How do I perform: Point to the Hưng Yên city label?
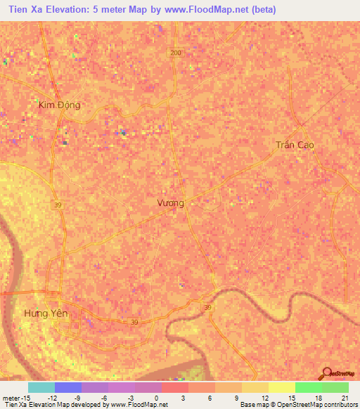pos(46,313)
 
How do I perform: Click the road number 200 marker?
pos(175,53)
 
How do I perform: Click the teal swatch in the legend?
pos(41,387)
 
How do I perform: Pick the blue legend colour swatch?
pos(68,387)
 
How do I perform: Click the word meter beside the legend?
pos(11,397)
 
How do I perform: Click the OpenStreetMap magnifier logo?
pos(327,374)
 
